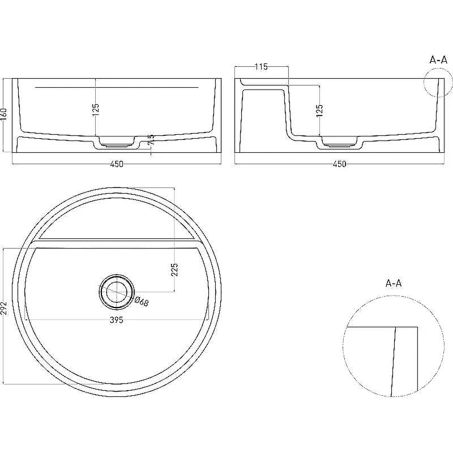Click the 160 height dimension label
coord(4,114)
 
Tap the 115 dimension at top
coord(261,67)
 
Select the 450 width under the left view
coord(117,164)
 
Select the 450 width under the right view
coord(339,164)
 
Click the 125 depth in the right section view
coord(319,110)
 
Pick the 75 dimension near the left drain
coord(151,139)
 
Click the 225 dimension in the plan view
coord(174,270)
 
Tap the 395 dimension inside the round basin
coord(117,320)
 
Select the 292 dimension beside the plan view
coord(3,308)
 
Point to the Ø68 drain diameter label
coord(142,301)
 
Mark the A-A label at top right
coord(438,60)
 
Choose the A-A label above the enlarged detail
coord(394,283)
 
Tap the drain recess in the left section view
coord(117,142)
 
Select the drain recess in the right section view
coord(339,142)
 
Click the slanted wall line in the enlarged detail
coord(393,362)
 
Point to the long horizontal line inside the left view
coord(117,87)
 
